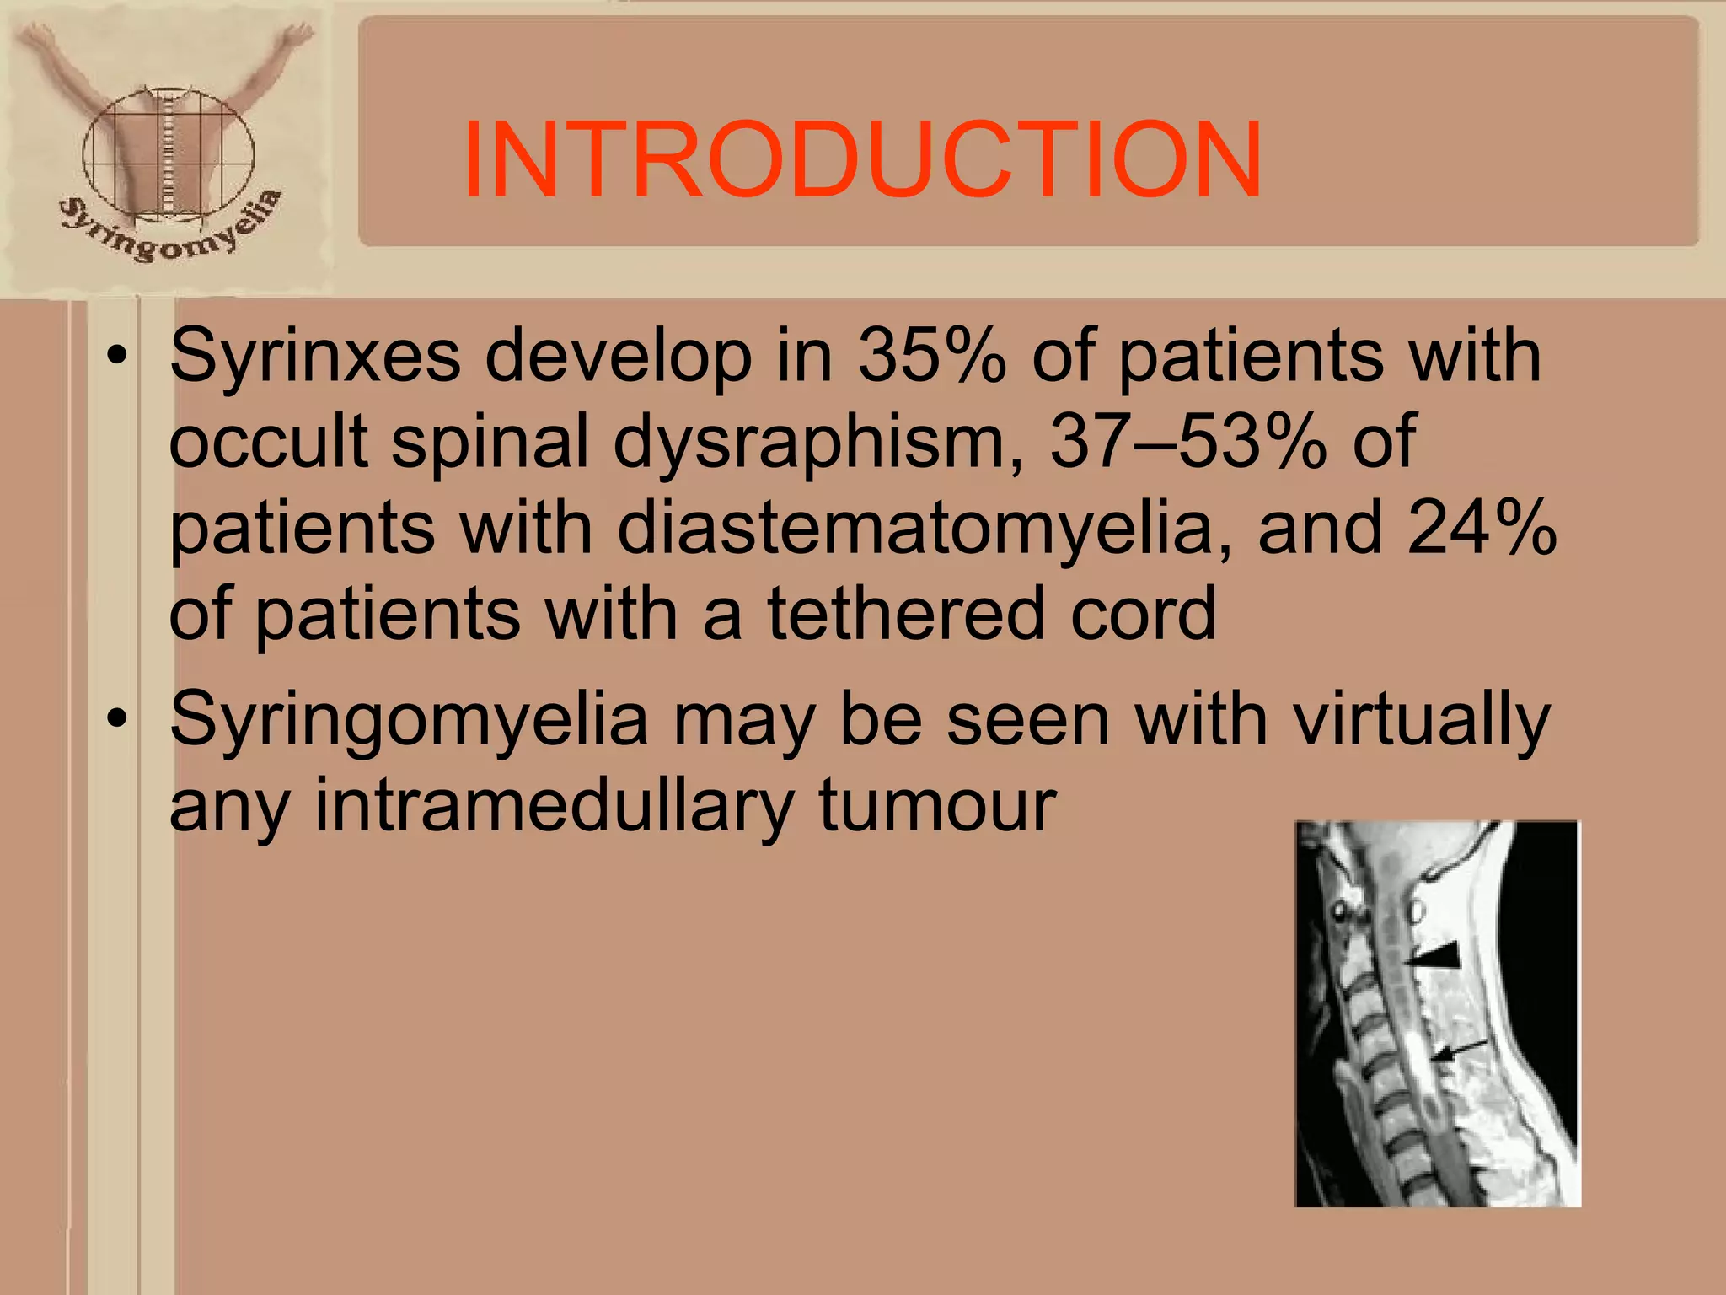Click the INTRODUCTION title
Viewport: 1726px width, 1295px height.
(861, 159)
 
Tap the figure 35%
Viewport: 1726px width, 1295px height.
(932, 355)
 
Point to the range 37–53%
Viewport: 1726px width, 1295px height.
(1188, 442)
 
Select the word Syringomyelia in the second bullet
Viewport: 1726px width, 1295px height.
(409, 720)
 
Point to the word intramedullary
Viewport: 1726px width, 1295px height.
(554, 806)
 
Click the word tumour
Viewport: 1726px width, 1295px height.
(937, 806)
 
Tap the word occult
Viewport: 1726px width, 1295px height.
(268, 442)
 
